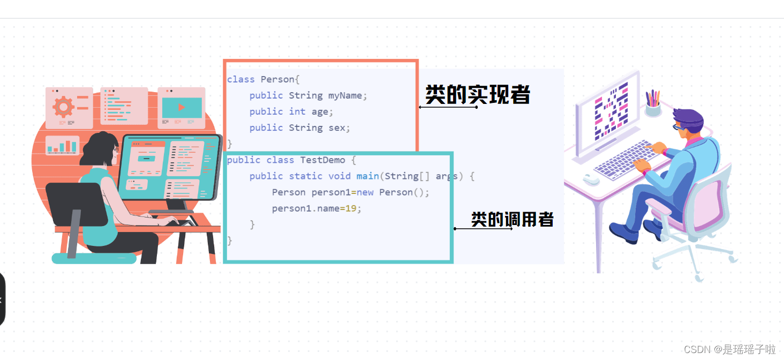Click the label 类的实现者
[477, 94]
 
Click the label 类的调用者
[512, 219]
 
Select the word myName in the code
[345, 95]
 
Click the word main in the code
[367, 176]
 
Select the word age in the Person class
[320, 111]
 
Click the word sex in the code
[339, 127]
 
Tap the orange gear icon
[63, 107]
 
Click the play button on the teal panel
[182, 108]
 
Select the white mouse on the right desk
[592, 179]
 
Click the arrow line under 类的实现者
[448, 107]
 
